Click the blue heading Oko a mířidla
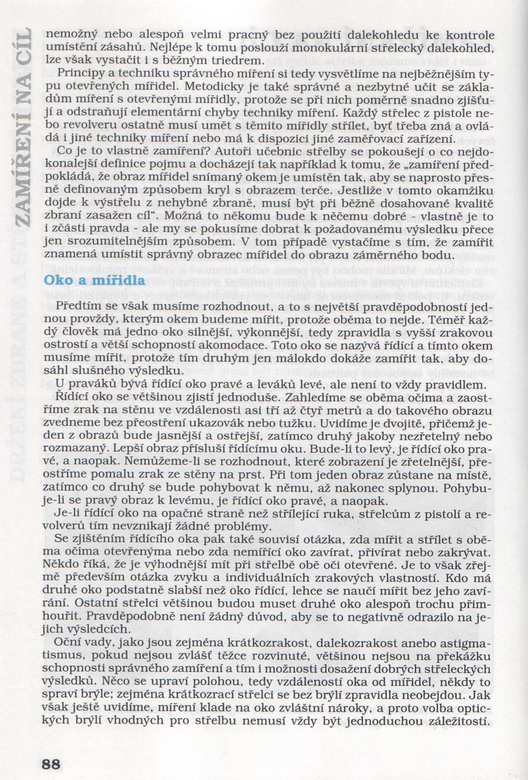[95, 280]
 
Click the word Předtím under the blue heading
[81, 305]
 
